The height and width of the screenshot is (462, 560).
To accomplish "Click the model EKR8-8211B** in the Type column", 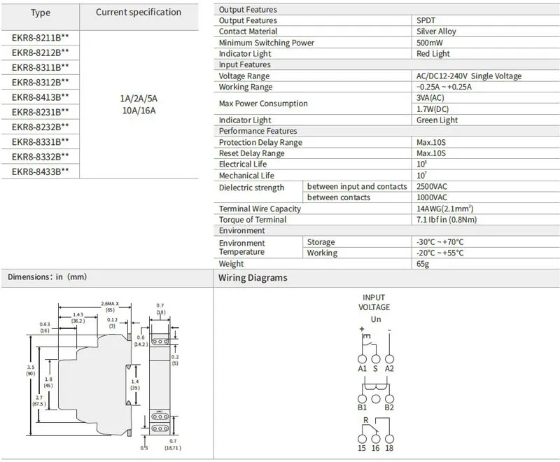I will coord(40,38).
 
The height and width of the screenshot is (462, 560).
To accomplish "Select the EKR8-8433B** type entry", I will coord(40,171).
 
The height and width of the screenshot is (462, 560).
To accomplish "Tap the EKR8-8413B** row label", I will coord(40,97).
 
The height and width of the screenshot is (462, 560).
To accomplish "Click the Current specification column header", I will coord(138,12).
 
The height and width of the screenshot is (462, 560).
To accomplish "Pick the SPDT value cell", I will coord(427,20).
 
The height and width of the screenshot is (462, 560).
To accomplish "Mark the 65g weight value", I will coord(423,264).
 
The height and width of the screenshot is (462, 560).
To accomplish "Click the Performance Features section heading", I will coord(258,131).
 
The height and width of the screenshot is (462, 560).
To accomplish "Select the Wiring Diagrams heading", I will coord(253,278).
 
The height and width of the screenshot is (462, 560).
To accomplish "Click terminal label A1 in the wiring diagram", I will coord(362,367).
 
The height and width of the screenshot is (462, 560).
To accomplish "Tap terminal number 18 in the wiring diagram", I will coord(390,447).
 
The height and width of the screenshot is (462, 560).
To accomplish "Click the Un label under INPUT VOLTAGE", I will coord(375,318).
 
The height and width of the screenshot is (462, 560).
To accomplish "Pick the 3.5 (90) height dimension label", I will coord(31,371).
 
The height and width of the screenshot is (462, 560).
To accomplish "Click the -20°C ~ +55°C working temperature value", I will coord(440,253).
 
